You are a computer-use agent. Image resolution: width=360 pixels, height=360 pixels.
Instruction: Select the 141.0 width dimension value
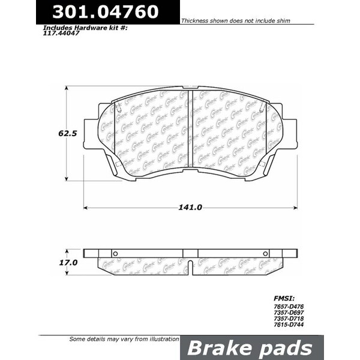[190, 208]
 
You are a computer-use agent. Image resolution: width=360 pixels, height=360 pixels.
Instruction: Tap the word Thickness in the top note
[195, 21]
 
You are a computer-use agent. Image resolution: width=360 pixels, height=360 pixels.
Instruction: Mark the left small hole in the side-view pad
[116, 252]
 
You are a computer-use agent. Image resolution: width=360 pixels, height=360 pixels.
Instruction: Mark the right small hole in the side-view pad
[264, 252]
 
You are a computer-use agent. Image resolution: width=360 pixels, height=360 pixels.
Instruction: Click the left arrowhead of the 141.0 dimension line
[85, 208]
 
